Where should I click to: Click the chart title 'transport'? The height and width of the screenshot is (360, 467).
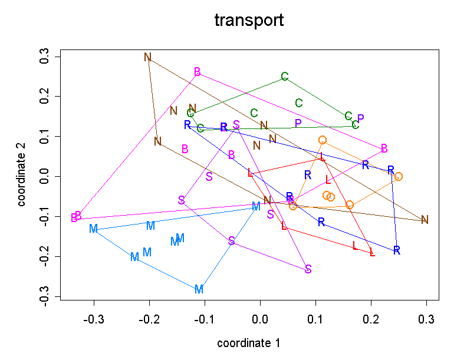249,21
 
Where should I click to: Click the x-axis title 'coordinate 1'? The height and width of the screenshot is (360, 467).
249,343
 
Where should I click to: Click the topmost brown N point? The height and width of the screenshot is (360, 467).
148,57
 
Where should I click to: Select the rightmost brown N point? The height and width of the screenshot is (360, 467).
425,220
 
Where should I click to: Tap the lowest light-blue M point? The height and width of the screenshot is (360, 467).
199,289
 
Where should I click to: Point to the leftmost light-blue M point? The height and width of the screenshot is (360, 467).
93,229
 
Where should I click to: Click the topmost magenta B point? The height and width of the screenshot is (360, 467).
198,72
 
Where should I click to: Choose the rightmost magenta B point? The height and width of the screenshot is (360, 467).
384,148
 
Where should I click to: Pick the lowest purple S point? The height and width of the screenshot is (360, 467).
308,269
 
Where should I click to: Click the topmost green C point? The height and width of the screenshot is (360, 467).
285,77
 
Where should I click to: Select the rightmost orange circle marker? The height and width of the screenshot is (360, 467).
399,176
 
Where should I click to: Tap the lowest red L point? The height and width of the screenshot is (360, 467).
372,253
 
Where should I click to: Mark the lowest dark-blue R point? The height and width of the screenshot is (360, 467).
397,250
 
